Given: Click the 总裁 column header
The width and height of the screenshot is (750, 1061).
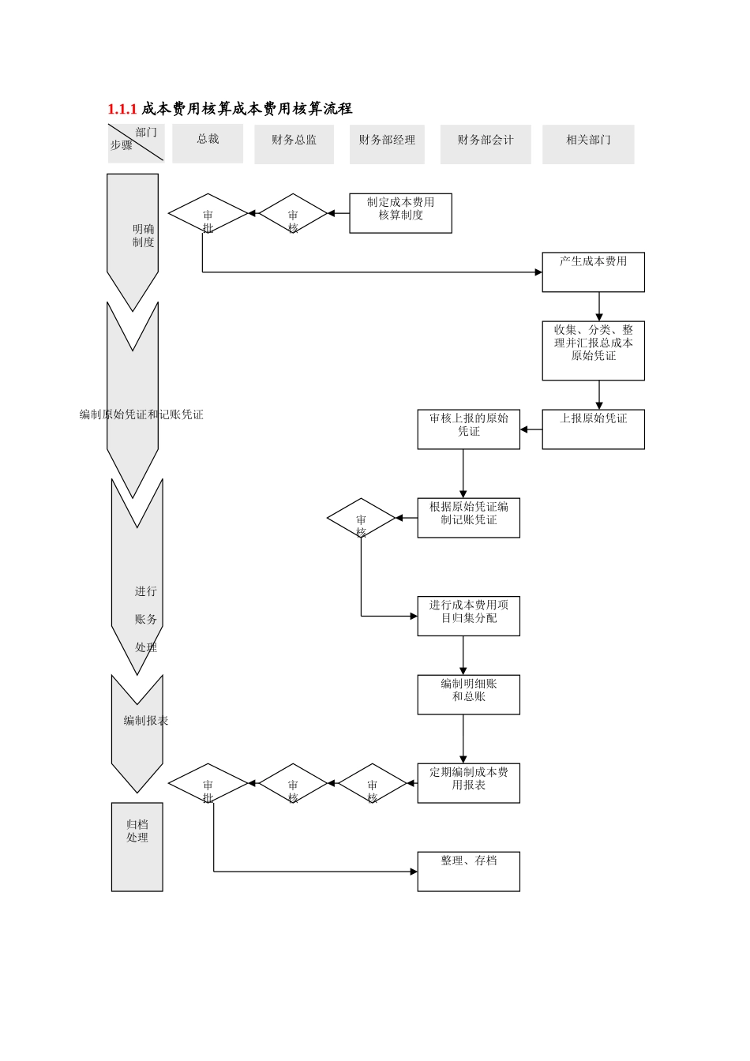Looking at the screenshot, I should click(x=208, y=143).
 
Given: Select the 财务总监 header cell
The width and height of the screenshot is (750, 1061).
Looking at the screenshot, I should click(x=294, y=144).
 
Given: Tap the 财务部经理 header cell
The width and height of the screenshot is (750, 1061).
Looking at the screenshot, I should click(x=387, y=144).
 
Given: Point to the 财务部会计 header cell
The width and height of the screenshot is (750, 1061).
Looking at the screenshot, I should click(x=485, y=144).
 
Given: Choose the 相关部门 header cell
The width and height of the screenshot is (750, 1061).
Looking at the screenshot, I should click(x=588, y=144).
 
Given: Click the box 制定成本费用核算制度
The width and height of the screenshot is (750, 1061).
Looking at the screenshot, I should click(x=400, y=213).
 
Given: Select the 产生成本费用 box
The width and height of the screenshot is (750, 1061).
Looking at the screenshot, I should click(x=593, y=272).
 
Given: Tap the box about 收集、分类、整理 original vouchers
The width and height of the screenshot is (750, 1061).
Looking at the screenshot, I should click(x=593, y=351).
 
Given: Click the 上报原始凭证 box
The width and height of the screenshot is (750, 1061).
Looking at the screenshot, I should click(x=593, y=429).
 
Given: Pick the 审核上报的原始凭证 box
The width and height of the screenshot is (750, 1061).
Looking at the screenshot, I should click(x=468, y=429).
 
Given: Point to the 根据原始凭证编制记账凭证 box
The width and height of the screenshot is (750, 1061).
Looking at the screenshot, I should click(x=468, y=518).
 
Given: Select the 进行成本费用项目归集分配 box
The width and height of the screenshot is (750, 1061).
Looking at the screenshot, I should click(x=468, y=616).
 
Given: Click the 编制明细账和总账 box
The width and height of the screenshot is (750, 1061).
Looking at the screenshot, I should click(x=468, y=695).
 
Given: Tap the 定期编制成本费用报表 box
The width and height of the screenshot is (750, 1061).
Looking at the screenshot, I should click(x=468, y=783).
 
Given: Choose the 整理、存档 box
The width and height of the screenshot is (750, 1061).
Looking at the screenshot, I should click(x=468, y=872).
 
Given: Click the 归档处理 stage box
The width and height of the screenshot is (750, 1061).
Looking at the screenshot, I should click(x=137, y=846).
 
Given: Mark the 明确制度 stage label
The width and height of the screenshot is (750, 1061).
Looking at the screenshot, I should click(x=143, y=236).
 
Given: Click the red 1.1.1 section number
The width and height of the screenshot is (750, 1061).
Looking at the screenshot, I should click(x=122, y=109).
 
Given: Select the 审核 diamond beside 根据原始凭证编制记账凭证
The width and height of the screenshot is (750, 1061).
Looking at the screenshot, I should click(x=361, y=519).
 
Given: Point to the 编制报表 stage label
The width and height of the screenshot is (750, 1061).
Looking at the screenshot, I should click(x=145, y=721).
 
